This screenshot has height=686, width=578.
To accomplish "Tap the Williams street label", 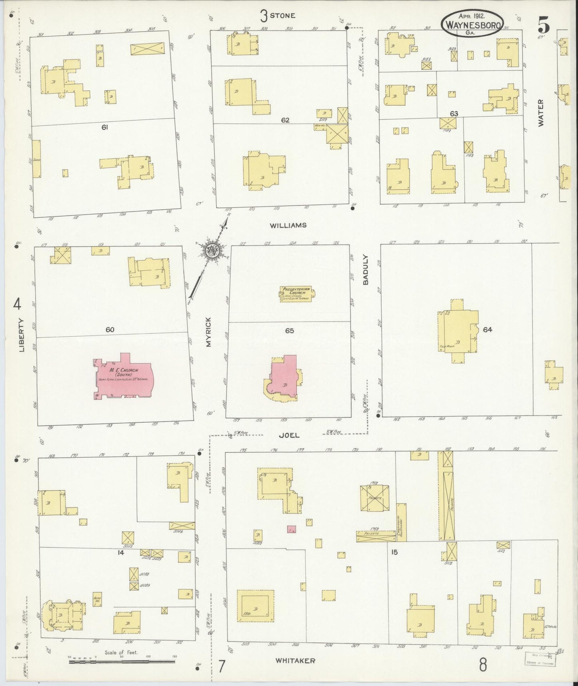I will pyautogui.click(x=288, y=225).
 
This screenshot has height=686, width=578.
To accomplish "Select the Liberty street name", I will pyautogui.click(x=21, y=335).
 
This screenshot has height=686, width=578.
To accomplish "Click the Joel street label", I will pyautogui.click(x=290, y=435).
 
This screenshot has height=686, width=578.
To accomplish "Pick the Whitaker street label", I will pyautogui.click(x=295, y=661).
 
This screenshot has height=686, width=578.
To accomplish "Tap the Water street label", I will pyautogui.click(x=541, y=113).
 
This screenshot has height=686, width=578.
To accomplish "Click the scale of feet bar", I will pyautogui.click(x=122, y=662).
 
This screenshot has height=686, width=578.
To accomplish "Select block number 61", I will pyautogui.click(x=105, y=127).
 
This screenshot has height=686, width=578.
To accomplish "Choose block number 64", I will pyautogui.click(x=487, y=330).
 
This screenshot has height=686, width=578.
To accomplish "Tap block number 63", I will pyautogui.click(x=453, y=114).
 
